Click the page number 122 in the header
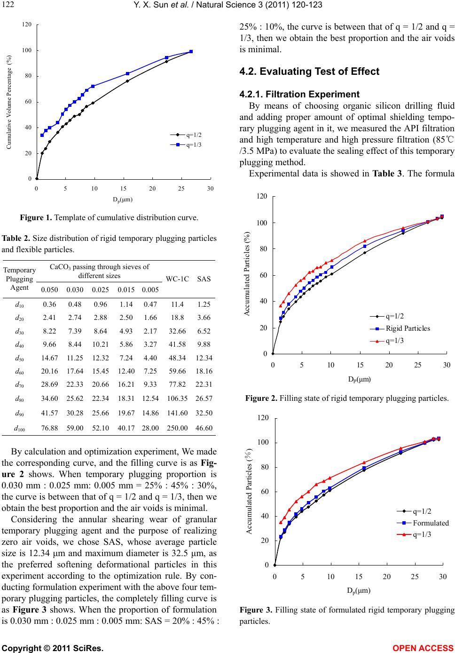click(7, 4)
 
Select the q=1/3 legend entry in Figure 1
click(186, 145)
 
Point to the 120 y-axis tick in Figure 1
click(26, 24)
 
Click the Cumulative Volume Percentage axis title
click(9, 102)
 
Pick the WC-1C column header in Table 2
click(177, 279)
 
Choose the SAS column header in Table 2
click(204, 279)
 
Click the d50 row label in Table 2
click(19, 358)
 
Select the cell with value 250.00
click(177, 428)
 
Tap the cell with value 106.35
click(177, 398)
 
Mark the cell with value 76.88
click(49, 428)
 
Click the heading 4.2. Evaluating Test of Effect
click(309, 72)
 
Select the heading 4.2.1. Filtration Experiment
click(299, 94)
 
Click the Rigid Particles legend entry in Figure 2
click(400, 328)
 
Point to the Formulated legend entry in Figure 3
click(423, 523)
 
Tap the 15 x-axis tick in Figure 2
click(360, 365)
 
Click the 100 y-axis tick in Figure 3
click(263, 443)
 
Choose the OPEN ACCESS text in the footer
click(423, 648)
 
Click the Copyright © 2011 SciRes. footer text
click(53, 648)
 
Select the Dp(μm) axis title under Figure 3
click(359, 591)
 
